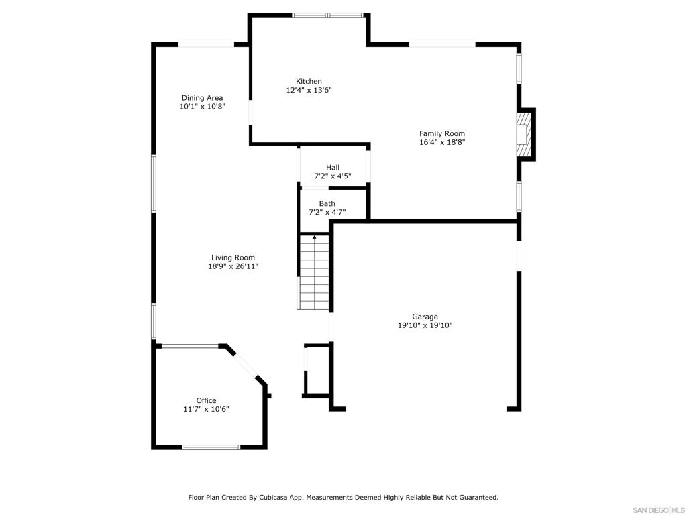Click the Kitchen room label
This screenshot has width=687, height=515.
(309, 82)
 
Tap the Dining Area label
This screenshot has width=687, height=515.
(202, 98)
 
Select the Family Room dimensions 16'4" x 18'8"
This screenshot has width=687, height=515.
(442, 142)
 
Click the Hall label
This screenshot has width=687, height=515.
(333, 168)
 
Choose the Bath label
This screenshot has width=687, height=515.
(327, 203)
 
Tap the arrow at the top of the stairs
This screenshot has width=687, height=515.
(314, 237)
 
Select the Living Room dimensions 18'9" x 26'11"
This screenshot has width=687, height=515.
(233, 266)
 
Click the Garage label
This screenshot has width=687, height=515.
(425, 317)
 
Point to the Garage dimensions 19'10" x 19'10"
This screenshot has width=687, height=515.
(425, 325)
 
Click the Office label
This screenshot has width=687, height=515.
(206, 400)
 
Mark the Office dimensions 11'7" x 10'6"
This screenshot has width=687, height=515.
(206, 409)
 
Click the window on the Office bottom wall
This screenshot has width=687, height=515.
(211, 447)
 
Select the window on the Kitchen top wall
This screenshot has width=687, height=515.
(327, 15)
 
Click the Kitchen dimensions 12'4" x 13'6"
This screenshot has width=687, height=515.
(309, 90)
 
